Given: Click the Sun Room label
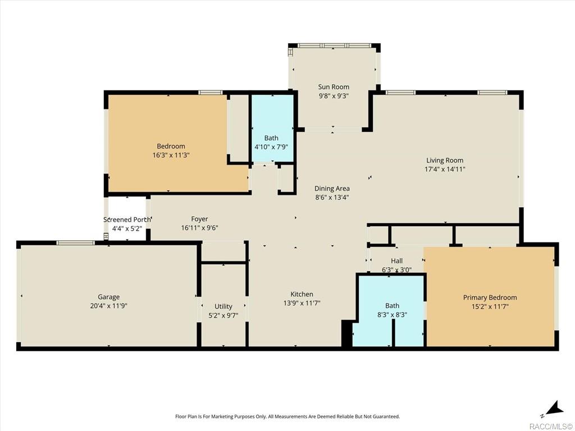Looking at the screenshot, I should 334,87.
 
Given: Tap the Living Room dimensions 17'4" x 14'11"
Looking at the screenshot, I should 445,169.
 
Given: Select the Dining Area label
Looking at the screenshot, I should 332,189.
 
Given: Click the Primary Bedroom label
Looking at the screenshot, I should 490,297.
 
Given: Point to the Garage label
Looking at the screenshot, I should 108,297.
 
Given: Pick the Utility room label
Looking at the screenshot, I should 223,306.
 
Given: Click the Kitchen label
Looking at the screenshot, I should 302,294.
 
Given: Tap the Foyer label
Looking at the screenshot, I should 199,219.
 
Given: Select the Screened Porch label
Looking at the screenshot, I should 127,219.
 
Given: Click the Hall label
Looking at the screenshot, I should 397,261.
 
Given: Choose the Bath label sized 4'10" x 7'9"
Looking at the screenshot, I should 271,138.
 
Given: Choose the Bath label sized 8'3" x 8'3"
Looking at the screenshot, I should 392,306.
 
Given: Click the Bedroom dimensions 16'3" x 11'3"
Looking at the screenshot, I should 171,155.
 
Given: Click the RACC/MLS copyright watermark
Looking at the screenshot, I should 550,426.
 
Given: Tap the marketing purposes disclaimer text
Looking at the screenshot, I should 287,416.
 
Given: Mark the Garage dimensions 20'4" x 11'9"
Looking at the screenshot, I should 108,306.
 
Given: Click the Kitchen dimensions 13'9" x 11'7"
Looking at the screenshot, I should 302,303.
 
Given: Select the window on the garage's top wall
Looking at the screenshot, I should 75,242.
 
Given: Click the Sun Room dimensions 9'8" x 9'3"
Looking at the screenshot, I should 334,95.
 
